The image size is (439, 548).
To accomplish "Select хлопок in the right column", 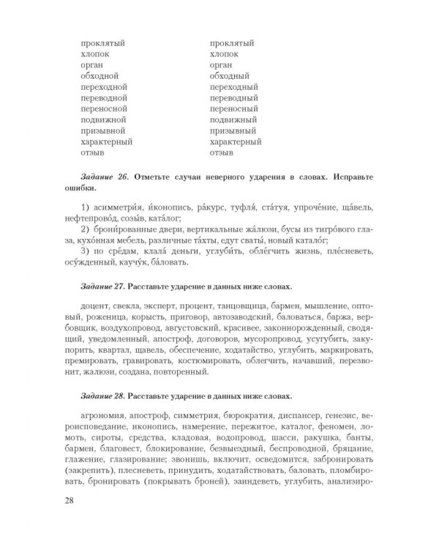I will click(x=225, y=53).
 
